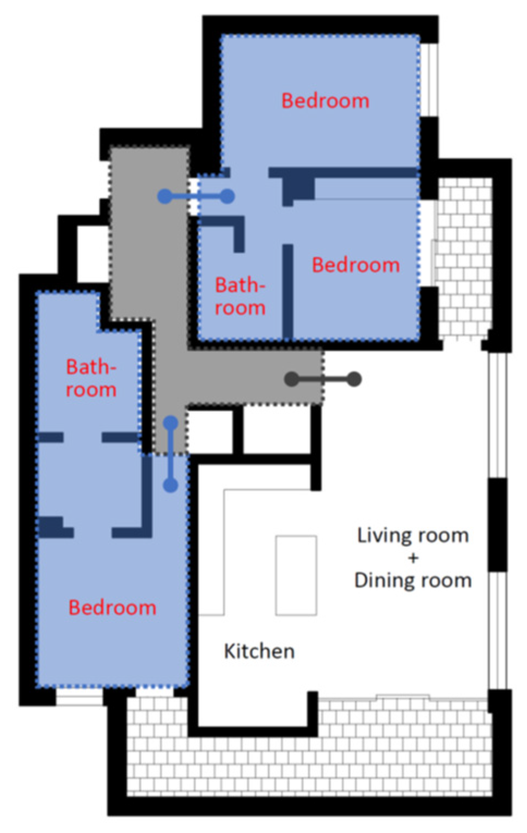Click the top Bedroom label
325,101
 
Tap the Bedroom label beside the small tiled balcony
356,265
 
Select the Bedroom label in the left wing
112,608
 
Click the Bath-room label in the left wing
91,378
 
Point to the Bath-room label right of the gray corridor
241,297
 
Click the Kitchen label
259,651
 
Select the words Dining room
413,581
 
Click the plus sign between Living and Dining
413,558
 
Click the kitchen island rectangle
296,576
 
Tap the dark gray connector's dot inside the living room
354,379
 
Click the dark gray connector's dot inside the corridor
292,379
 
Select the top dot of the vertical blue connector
171,423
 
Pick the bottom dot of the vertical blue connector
171,485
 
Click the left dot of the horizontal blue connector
165,196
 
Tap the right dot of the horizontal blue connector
228,196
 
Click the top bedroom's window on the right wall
429,80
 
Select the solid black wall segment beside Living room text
498,525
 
